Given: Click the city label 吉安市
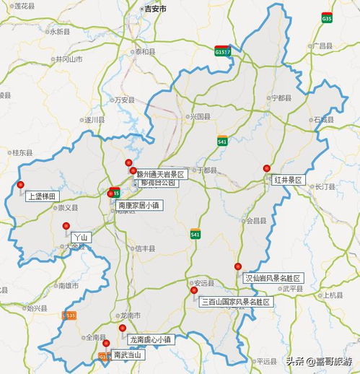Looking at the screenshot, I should coord(154,9).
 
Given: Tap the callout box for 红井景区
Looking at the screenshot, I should coord(288,179).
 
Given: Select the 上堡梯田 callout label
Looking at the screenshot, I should coord(41,196).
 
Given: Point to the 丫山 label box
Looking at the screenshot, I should coord(79,236).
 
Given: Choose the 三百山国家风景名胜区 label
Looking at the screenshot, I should coord(236,302).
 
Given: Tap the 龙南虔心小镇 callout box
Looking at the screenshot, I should coord(150,339).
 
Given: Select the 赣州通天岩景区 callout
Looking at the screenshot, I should coord(161,174).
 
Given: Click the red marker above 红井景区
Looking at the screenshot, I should coord(266,168).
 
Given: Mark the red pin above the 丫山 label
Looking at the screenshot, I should coord(66,225).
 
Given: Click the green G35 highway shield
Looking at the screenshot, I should coord(327,17).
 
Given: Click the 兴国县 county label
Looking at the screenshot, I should coord(200,116).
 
